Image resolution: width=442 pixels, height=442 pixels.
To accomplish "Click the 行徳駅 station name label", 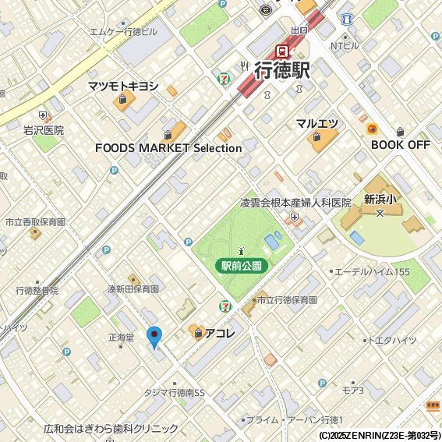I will pyautogui.click(x=282, y=70).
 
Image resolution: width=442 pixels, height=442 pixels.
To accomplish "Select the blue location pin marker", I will pyautogui.click(x=154, y=337).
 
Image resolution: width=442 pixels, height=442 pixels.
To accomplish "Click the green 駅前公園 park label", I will pyautogui.click(x=241, y=266).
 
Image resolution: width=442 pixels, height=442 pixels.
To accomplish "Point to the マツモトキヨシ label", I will pyautogui.click(x=122, y=86).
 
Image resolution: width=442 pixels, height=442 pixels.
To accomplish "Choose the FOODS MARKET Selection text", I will pyautogui.click(x=168, y=147).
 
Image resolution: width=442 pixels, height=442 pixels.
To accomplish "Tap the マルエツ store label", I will pyautogui.click(x=316, y=124).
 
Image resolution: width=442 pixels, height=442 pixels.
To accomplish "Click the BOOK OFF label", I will pyautogui.click(x=401, y=145).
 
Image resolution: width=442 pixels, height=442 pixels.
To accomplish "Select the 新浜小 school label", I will pyautogui.click(x=380, y=199).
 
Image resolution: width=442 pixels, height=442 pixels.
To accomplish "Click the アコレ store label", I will pyautogui.click(x=220, y=333).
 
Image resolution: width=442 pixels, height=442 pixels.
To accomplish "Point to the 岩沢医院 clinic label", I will pyautogui.click(x=44, y=130).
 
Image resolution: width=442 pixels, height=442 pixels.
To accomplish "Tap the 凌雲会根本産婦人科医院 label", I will pyautogui.click(x=295, y=203).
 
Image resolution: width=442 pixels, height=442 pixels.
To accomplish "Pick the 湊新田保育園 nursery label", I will pyautogui.click(x=133, y=288).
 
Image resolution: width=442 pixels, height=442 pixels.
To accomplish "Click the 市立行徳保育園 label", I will pyautogui.click(x=287, y=299).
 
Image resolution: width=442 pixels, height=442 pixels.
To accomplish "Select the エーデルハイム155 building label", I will pyautogui.click(x=372, y=271).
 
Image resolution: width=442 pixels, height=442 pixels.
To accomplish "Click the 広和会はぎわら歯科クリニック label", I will pyautogui.click(x=111, y=429).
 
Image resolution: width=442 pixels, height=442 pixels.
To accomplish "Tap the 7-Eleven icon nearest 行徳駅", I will pyautogui.click(x=225, y=78).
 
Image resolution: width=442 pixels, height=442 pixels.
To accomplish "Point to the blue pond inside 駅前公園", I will pyautogui.click(x=272, y=242).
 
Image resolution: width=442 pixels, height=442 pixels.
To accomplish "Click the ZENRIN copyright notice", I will pyautogui.click(x=380, y=435).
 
